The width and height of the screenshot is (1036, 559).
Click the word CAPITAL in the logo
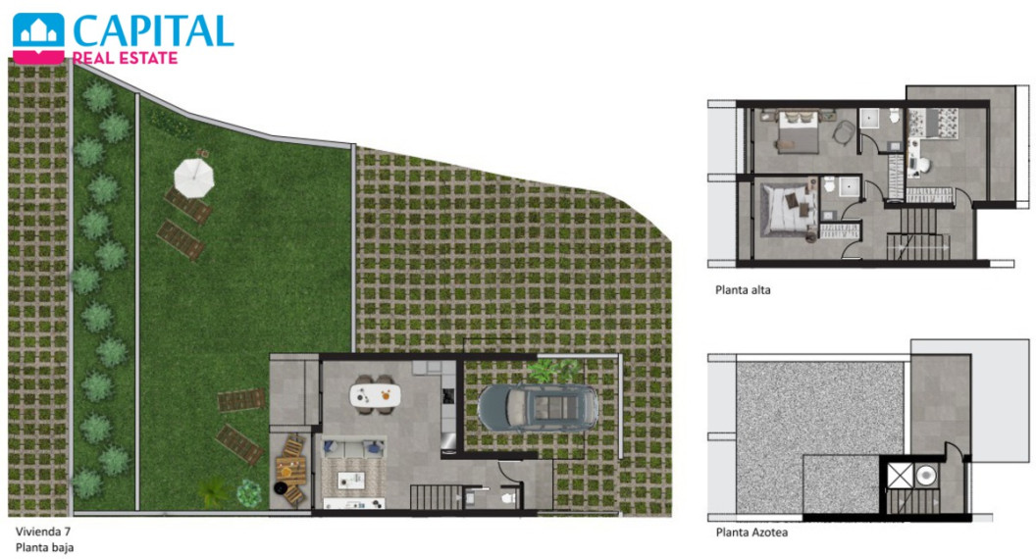[153, 30]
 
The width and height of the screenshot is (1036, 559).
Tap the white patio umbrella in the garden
[193, 178]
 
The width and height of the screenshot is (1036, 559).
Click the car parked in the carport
[538, 407]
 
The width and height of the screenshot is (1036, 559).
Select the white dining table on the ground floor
[375, 395]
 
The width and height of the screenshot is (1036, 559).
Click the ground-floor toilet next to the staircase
[509, 497]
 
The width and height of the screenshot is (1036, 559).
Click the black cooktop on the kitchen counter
[448, 396]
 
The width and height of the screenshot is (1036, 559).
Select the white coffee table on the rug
[351, 481]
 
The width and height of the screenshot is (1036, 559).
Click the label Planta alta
[743, 289]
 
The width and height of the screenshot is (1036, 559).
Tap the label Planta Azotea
[751, 532]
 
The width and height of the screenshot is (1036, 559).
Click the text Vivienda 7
[43, 532]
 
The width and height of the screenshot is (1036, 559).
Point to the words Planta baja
[44, 548]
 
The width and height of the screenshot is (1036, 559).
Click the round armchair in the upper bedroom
[843, 131]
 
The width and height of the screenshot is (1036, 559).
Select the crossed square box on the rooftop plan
[900, 475]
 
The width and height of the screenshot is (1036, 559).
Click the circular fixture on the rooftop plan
[926, 475]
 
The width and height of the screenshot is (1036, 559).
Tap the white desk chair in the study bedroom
[924, 165]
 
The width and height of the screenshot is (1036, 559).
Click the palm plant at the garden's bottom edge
[214, 491]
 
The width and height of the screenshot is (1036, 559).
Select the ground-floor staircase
[436, 497]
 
